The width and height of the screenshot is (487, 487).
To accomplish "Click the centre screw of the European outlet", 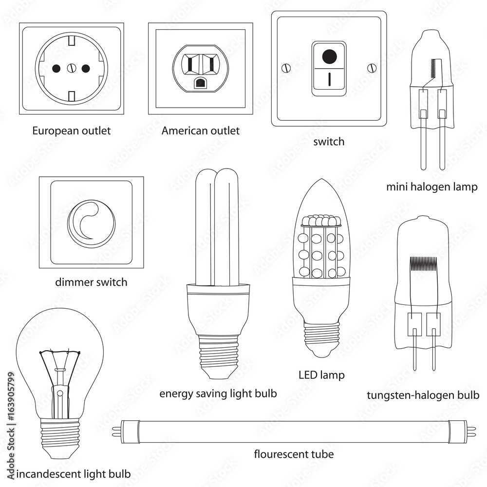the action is pos(71,68).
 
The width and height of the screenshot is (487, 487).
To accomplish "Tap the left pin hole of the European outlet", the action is pos(56,68).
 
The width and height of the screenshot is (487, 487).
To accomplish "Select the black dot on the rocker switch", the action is pos(329,56).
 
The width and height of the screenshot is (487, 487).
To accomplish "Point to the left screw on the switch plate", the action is pos(286,68).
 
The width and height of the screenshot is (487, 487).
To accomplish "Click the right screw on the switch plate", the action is pos(372,68).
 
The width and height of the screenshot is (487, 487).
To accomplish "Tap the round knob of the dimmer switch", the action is pos(92,224).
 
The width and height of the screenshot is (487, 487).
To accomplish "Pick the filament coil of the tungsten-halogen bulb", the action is pos(423,263).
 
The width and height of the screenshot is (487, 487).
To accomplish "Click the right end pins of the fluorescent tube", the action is pos(471,431).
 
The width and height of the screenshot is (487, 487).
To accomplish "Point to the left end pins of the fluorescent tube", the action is pos(116,431).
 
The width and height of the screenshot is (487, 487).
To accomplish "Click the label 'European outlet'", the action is pos(72,131).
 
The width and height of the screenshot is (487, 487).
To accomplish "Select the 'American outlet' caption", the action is pos(200,131).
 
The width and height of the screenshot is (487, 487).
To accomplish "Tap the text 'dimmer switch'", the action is pos(92,282).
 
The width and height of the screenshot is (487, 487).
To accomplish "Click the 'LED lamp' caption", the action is pos(321,375).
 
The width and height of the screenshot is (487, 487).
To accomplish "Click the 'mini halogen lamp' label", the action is pos(431,187).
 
